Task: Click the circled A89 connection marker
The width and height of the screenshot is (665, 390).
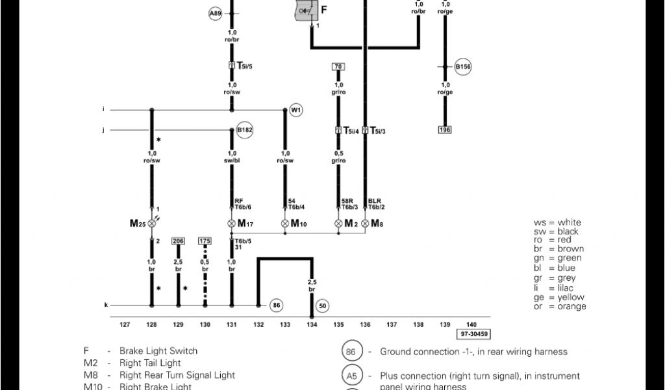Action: [215, 13]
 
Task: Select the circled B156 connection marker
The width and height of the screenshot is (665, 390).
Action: [462, 66]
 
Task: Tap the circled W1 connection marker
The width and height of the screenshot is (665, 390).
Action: [296, 110]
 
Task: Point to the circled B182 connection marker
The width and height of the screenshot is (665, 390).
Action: [245, 130]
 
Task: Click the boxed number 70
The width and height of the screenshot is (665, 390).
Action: [338, 67]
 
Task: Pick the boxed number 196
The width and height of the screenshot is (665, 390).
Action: [445, 130]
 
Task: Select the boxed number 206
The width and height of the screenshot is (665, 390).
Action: [178, 241]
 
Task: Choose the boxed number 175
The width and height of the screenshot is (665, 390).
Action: [205, 241]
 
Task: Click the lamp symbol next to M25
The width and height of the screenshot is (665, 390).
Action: [153, 224]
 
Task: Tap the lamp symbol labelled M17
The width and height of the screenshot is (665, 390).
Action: [231, 224]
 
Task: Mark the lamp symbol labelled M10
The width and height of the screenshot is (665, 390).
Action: [284, 224]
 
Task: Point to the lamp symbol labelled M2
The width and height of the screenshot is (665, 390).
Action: [338, 224]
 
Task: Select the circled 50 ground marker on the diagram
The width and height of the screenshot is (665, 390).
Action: [321, 305]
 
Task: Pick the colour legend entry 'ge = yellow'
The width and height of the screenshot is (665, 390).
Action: [559, 298]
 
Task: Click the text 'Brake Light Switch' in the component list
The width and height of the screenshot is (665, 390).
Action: [158, 351]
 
